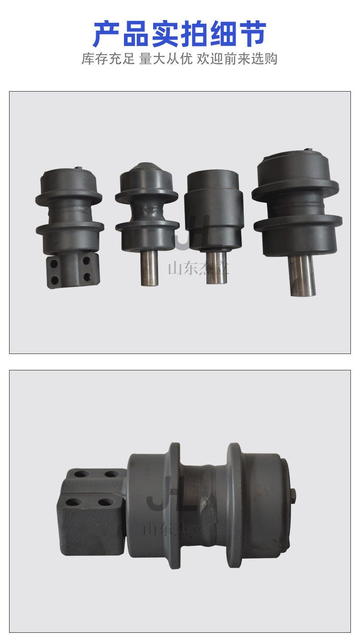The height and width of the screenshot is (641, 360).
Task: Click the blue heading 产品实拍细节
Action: pyautogui.click(x=180, y=33)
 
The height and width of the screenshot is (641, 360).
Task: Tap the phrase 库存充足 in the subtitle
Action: pyautogui.click(x=108, y=59)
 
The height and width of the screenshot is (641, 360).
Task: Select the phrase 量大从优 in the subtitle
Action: pyautogui.click(x=166, y=59)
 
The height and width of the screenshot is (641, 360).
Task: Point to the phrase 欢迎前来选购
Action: pyautogui.click(x=237, y=59)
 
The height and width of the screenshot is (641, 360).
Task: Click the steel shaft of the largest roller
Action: pyautogui.click(x=303, y=276)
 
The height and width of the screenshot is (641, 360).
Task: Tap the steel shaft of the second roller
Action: pyautogui.click(x=149, y=268)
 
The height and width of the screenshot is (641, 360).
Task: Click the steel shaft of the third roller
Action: pyautogui.click(x=216, y=268)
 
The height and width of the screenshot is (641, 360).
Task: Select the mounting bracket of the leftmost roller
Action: pyautogui.click(x=73, y=270)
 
